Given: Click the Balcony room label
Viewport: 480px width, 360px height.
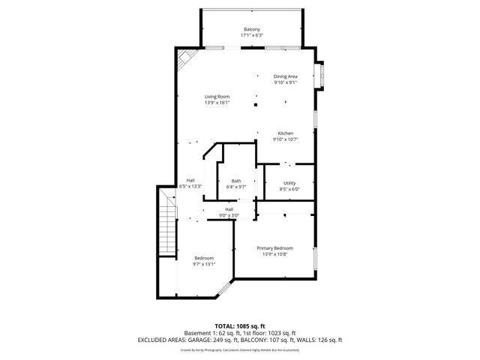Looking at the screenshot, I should tap(250, 29).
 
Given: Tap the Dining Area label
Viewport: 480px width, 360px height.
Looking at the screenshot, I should tap(285, 76).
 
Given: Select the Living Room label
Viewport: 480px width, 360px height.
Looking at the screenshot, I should tap(217, 96).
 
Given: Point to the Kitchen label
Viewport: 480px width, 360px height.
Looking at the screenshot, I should tap(285, 133).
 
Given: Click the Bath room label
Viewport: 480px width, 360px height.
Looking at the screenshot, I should tap(236, 181).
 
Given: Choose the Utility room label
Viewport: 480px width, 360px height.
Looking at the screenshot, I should tap(289, 183).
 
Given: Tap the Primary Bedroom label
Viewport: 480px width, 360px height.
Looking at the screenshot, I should tap(274, 248).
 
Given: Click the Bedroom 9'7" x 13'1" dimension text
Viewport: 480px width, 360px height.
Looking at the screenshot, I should tap(204, 264).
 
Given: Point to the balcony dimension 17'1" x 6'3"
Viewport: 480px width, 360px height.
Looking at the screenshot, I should tap(250, 35).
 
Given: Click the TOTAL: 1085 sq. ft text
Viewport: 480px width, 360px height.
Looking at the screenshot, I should tap(239, 326).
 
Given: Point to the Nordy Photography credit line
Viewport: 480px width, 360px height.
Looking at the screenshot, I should tap(239, 349).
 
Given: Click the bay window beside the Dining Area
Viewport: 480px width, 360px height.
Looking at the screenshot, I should tap(321, 76).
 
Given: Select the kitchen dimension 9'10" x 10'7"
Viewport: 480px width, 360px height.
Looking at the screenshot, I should tap(285, 139).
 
